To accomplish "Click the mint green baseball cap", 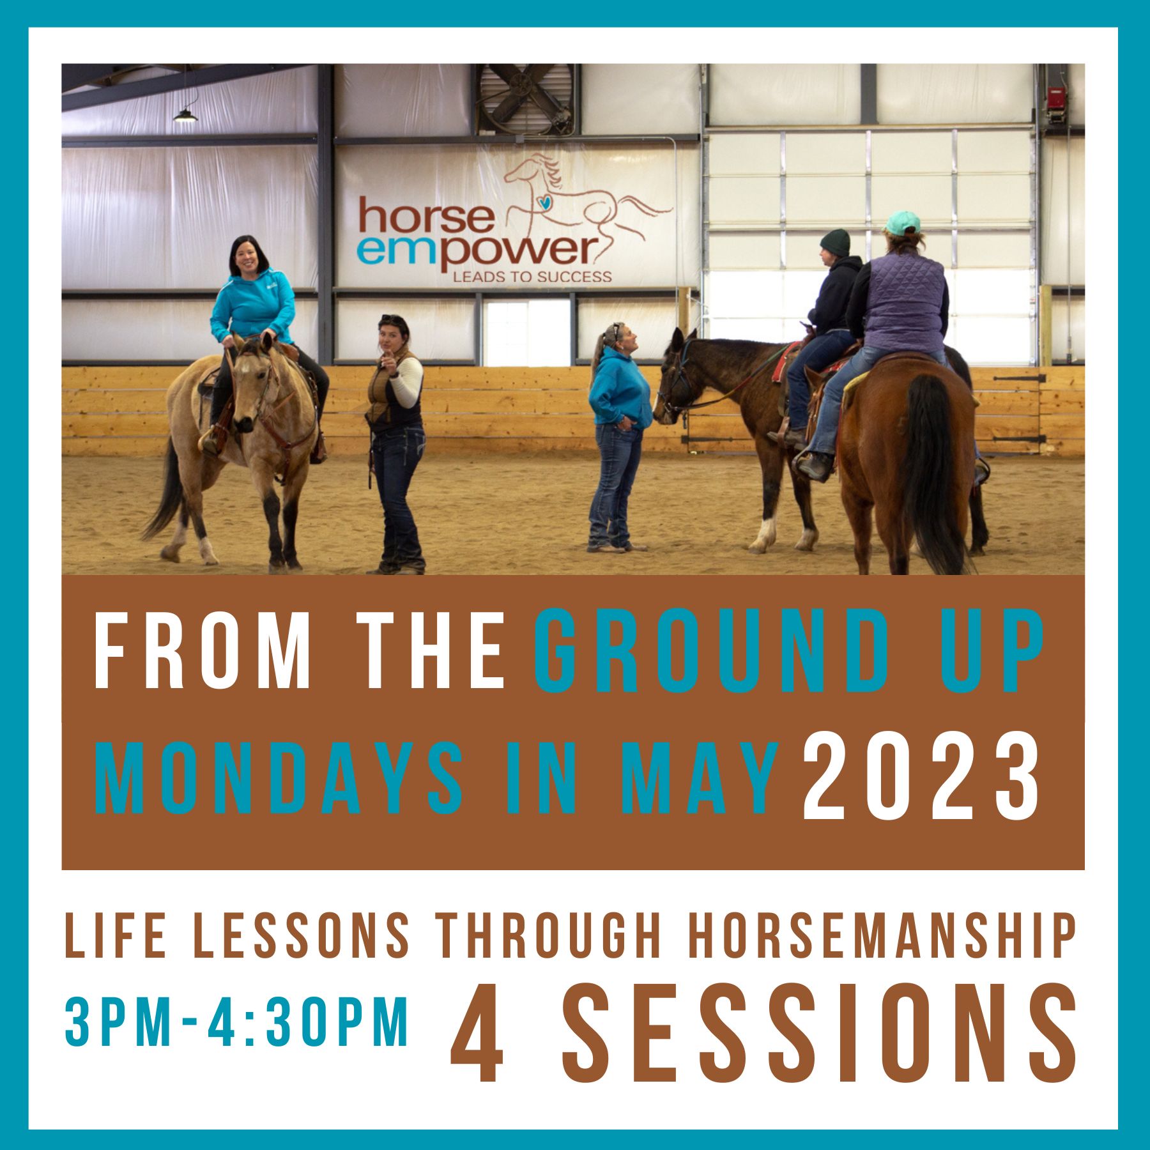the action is coord(903,222).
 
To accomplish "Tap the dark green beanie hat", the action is coord(835,243).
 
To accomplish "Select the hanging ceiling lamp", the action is coord(185,115).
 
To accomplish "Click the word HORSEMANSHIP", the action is coord(884,937).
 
